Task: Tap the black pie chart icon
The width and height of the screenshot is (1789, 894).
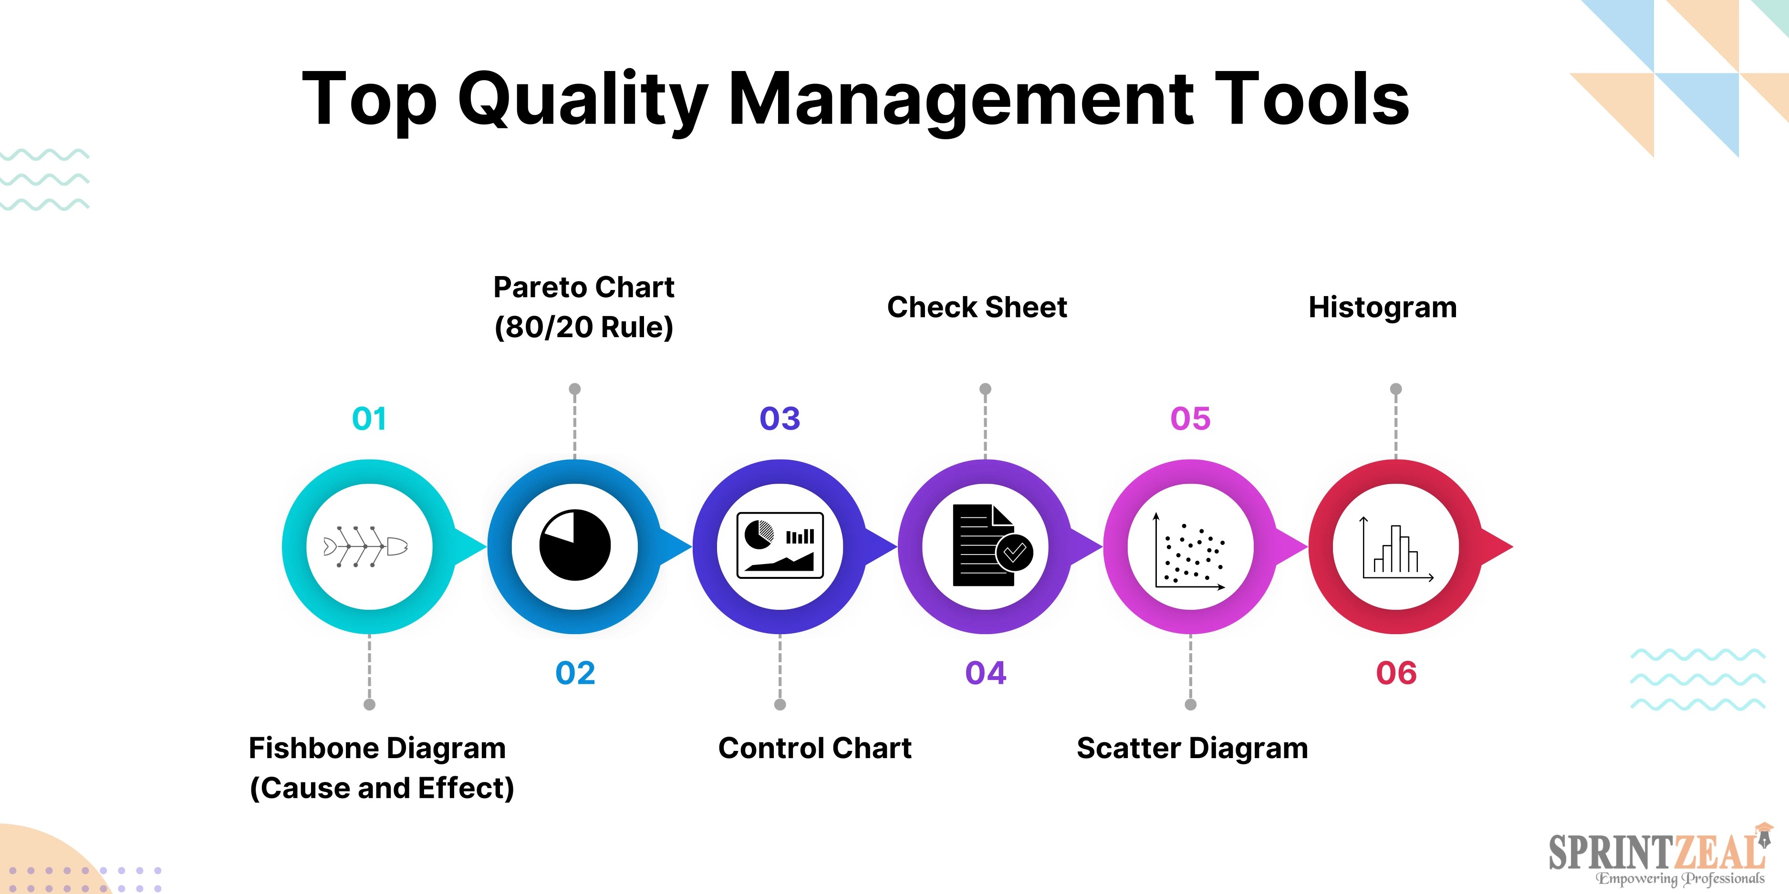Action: click(574, 545)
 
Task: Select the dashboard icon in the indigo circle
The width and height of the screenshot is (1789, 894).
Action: click(780, 545)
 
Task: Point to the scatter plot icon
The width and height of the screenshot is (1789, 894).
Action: click(1190, 553)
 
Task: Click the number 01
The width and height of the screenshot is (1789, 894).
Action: click(369, 419)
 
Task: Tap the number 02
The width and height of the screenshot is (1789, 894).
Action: click(575, 673)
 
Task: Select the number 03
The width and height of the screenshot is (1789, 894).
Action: click(780, 419)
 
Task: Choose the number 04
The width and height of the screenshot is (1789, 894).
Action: click(986, 673)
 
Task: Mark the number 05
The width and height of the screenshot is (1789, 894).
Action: click(1190, 419)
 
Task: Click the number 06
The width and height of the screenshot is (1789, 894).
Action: click(1396, 673)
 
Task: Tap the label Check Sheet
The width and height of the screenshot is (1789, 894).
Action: click(977, 307)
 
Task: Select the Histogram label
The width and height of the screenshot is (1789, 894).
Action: click(1382, 307)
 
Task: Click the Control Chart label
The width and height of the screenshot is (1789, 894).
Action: click(815, 748)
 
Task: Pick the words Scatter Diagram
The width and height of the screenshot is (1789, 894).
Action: click(1192, 748)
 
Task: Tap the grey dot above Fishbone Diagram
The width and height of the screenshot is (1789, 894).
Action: click(369, 705)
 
